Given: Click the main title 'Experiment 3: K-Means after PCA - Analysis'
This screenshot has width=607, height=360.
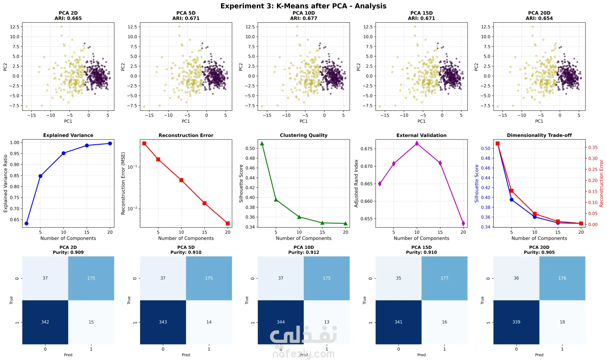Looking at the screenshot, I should point(303,6).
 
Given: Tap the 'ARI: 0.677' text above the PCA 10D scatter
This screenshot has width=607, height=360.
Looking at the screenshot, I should point(303,18).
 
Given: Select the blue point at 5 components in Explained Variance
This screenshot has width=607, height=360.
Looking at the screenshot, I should point(40,176).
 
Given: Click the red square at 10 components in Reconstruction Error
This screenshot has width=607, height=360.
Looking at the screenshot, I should point(181,180).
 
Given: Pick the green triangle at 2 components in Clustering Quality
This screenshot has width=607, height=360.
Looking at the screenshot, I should point(262,143).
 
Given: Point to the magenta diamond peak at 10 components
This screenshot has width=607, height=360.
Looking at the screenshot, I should point(417,143).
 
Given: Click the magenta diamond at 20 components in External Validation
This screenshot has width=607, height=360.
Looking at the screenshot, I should point(463,223).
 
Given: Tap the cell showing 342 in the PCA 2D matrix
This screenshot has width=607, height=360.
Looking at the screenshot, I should point(45,322).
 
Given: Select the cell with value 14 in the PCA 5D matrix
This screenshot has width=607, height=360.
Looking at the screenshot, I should point(209,322).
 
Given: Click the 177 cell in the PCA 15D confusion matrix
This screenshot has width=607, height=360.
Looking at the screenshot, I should point(445,278).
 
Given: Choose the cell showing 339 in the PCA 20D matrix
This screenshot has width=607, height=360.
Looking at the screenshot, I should point(516,322).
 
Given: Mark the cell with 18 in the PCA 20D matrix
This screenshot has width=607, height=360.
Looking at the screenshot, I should point(562,322).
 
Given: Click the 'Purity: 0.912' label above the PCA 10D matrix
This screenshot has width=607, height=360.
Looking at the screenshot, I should point(303,252).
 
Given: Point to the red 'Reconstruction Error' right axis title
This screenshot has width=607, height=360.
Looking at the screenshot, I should point(601,183).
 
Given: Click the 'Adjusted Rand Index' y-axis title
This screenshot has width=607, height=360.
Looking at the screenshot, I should point(356,183).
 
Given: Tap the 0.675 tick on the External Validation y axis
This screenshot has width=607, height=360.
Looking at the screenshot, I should point(367,149).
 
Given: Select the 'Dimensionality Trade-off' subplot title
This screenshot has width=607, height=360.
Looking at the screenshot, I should point(539,135).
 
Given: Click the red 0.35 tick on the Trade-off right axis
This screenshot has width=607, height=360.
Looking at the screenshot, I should point(593,147).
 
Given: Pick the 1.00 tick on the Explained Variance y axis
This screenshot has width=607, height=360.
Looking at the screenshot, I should point(15,143).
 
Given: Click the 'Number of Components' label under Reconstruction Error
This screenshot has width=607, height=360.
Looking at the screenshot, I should point(186,238).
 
